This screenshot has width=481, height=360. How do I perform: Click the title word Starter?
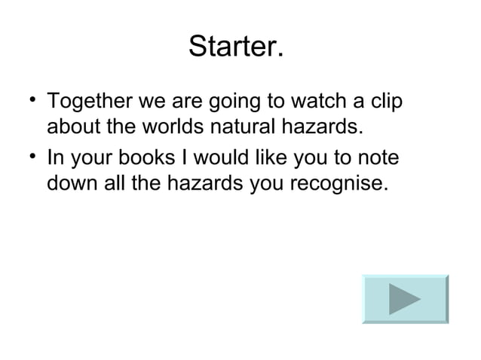click(x=237, y=47)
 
